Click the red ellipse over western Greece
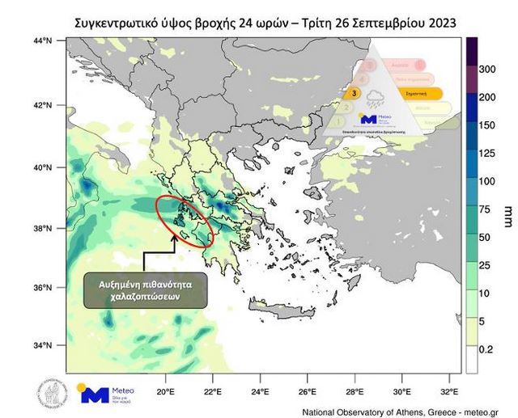(x=185, y=219)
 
